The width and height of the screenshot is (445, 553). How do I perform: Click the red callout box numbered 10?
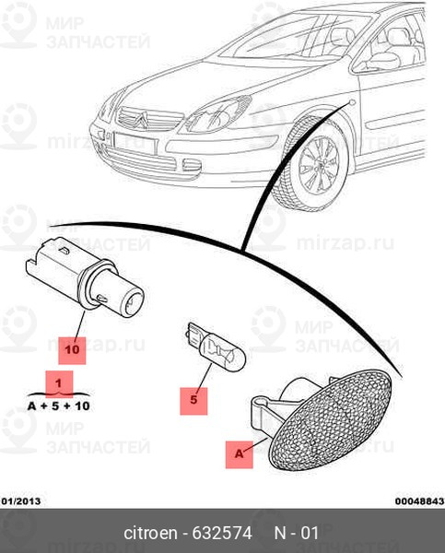(x=72, y=350)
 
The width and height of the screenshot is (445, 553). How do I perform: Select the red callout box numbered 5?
(x=193, y=401)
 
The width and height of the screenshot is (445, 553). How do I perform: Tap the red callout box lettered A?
(x=239, y=454)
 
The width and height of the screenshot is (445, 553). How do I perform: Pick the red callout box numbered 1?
(x=59, y=383)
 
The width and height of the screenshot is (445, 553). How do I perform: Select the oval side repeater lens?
(x=329, y=419)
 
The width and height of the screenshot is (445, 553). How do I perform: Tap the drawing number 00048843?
(x=419, y=501)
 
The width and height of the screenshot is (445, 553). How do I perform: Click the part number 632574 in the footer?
(x=222, y=533)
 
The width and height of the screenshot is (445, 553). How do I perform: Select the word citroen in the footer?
(x=150, y=533)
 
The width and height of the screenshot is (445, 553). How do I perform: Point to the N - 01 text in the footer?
(x=296, y=533)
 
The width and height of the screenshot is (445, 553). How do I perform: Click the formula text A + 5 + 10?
(x=59, y=406)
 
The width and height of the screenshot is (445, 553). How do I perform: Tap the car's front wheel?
(x=314, y=165)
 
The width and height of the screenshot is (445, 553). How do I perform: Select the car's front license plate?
(x=135, y=143)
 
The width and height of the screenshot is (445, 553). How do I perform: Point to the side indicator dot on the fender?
(x=352, y=102)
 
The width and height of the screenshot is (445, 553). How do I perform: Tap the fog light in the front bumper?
(x=192, y=165)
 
